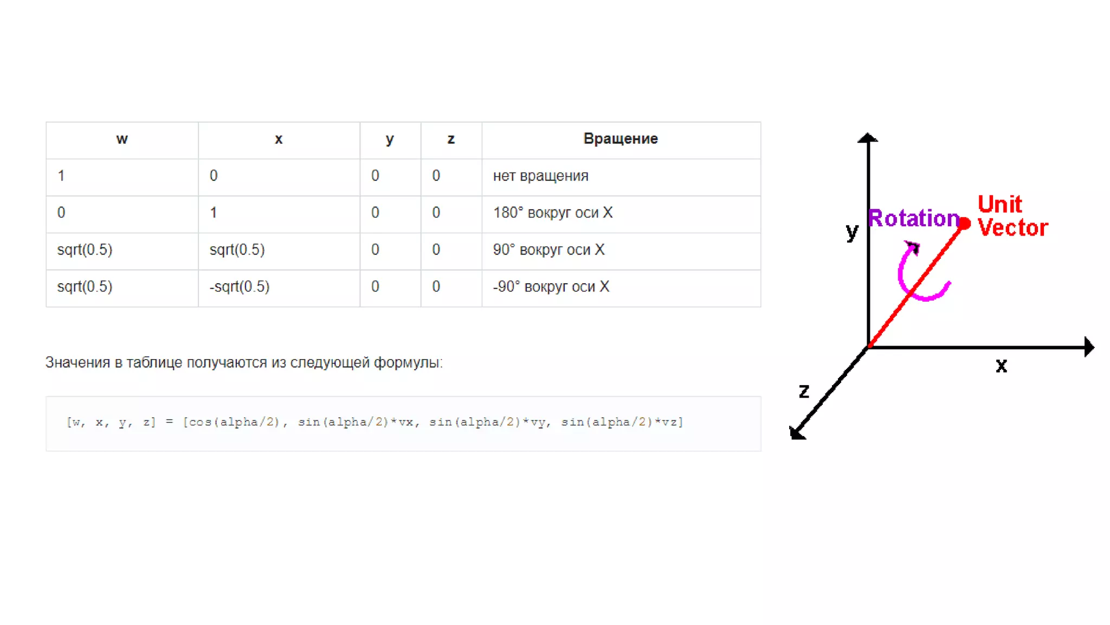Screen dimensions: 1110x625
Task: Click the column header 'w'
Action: pyautogui.click(x=122, y=139)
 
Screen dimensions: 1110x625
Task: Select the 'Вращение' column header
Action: pyautogui.click(x=620, y=139)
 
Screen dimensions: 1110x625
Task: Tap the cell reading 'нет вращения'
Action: pyautogui.click(x=540, y=176)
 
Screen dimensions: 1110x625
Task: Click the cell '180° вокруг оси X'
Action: pyautogui.click(x=552, y=213)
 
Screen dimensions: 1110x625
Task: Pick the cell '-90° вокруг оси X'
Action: pyautogui.click(x=551, y=287)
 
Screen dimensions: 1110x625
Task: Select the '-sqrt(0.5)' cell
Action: pyautogui.click(x=239, y=287)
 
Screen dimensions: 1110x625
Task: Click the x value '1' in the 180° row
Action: pyautogui.click(x=214, y=213)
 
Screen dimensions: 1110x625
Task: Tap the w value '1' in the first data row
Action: pyautogui.click(x=61, y=176)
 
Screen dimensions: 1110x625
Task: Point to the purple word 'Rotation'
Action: pyautogui.click(x=913, y=219)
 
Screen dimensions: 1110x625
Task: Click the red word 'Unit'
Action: pyautogui.click(x=999, y=205)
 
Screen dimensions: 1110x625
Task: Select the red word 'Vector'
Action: pyautogui.click(x=1012, y=228)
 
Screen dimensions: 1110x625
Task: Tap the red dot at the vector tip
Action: pyautogui.click(x=964, y=223)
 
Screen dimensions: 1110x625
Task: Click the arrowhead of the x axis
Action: pyautogui.click(x=1089, y=347)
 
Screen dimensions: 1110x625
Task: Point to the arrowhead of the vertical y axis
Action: pyautogui.click(x=868, y=138)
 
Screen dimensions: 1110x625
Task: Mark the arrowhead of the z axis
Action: pyautogui.click(x=797, y=432)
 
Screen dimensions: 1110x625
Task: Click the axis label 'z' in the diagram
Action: pyautogui.click(x=804, y=391)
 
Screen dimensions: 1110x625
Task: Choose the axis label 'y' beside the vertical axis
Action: pyautogui.click(x=852, y=232)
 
